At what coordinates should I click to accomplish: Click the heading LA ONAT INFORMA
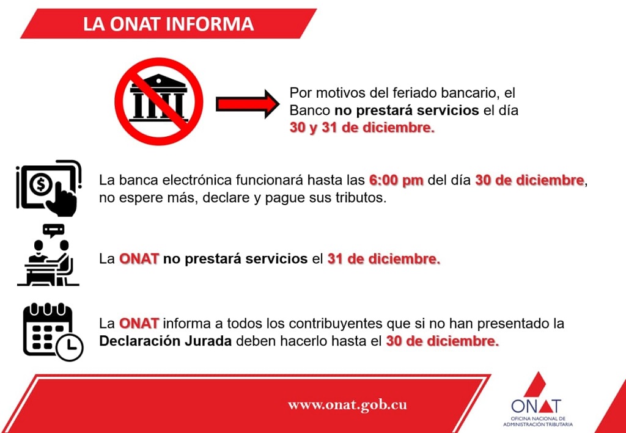pos(168,24)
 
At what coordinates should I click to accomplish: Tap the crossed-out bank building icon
pos(158,101)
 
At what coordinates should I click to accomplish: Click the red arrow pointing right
pos(248,104)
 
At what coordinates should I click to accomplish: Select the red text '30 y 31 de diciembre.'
pos(362,128)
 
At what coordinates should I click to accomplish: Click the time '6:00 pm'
pos(396,180)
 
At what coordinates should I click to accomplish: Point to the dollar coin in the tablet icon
pos(41,184)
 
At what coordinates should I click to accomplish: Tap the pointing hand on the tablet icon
pos(61,198)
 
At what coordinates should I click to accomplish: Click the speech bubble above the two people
pos(54,231)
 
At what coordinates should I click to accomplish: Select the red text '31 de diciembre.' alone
pos(384,259)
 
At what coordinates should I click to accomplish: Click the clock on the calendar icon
pos(70,346)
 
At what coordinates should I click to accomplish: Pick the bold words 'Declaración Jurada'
pos(165,341)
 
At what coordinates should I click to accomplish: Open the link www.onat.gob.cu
pos(347,405)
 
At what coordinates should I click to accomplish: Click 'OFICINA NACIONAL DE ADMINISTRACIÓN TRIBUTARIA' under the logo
pos(537,422)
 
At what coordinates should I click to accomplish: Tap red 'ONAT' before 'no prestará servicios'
pos(139,259)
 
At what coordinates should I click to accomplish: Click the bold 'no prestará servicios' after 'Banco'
pos(407,111)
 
